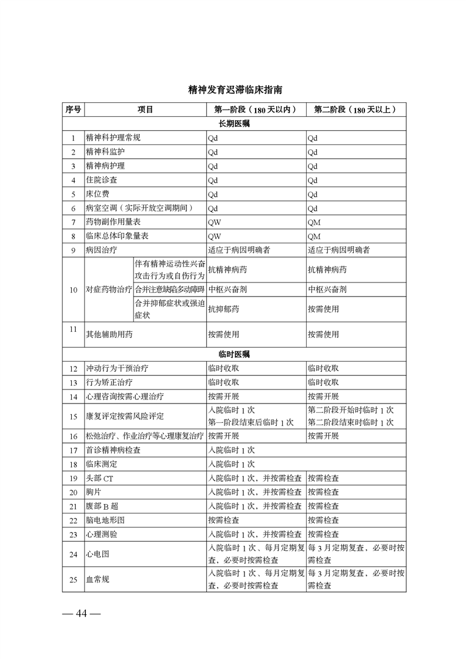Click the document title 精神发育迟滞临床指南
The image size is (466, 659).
234,90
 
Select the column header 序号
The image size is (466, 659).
73,110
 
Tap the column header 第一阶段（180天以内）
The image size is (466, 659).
255,110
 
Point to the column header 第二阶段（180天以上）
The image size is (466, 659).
356,110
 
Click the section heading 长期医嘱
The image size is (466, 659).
234,124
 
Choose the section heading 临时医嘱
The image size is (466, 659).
234,355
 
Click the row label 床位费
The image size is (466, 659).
98,194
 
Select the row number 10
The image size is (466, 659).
73,290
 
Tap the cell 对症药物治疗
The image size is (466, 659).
109,290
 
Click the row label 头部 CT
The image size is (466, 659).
99,479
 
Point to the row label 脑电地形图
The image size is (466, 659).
105,521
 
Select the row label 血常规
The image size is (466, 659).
98,580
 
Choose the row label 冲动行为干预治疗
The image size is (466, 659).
117,369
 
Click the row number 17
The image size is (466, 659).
73,450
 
